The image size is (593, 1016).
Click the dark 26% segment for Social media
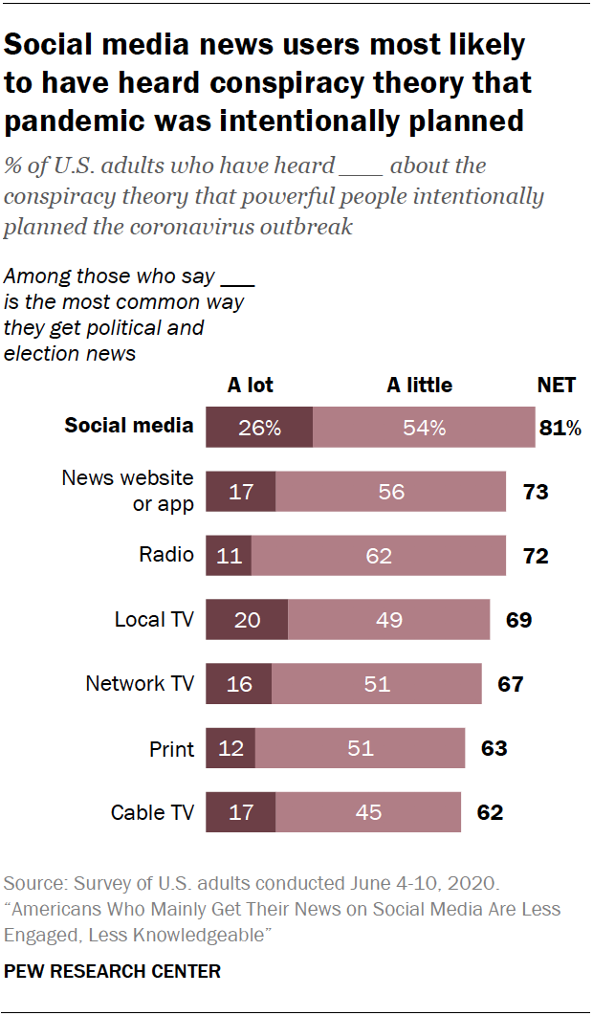259,427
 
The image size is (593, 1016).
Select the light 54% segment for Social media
424,427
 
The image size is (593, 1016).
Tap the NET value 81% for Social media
560,427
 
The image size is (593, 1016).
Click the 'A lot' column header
250,386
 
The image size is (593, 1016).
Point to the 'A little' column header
419,386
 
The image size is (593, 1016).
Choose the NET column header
557,386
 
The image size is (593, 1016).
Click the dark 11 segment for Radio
229,555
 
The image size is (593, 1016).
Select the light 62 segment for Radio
379,555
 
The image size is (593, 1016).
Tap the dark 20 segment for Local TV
247,620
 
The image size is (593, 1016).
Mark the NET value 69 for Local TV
518,620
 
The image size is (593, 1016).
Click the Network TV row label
140,684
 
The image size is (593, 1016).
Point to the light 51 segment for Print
360,748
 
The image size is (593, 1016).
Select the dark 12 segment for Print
231,748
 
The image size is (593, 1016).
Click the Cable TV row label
152,813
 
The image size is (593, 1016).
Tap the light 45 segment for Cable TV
367,813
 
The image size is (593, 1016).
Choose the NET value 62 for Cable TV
490,813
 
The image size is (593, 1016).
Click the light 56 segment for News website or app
390,492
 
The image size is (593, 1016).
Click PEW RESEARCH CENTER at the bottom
112,971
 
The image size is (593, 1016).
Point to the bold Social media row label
128,426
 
